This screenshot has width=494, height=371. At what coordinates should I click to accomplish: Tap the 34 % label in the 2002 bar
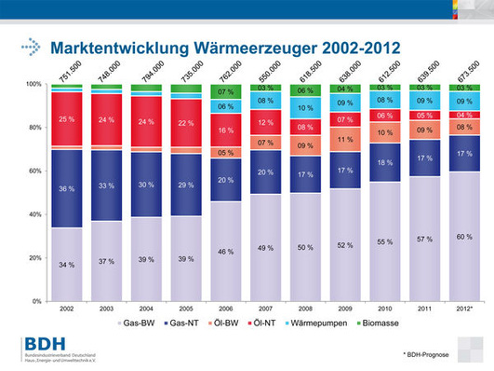pyautogui.click(x=66, y=266)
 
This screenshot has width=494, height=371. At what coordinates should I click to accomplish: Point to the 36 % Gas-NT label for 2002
pyautogui.click(x=66, y=189)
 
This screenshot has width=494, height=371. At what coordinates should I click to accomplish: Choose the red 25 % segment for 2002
pyautogui.click(x=66, y=120)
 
